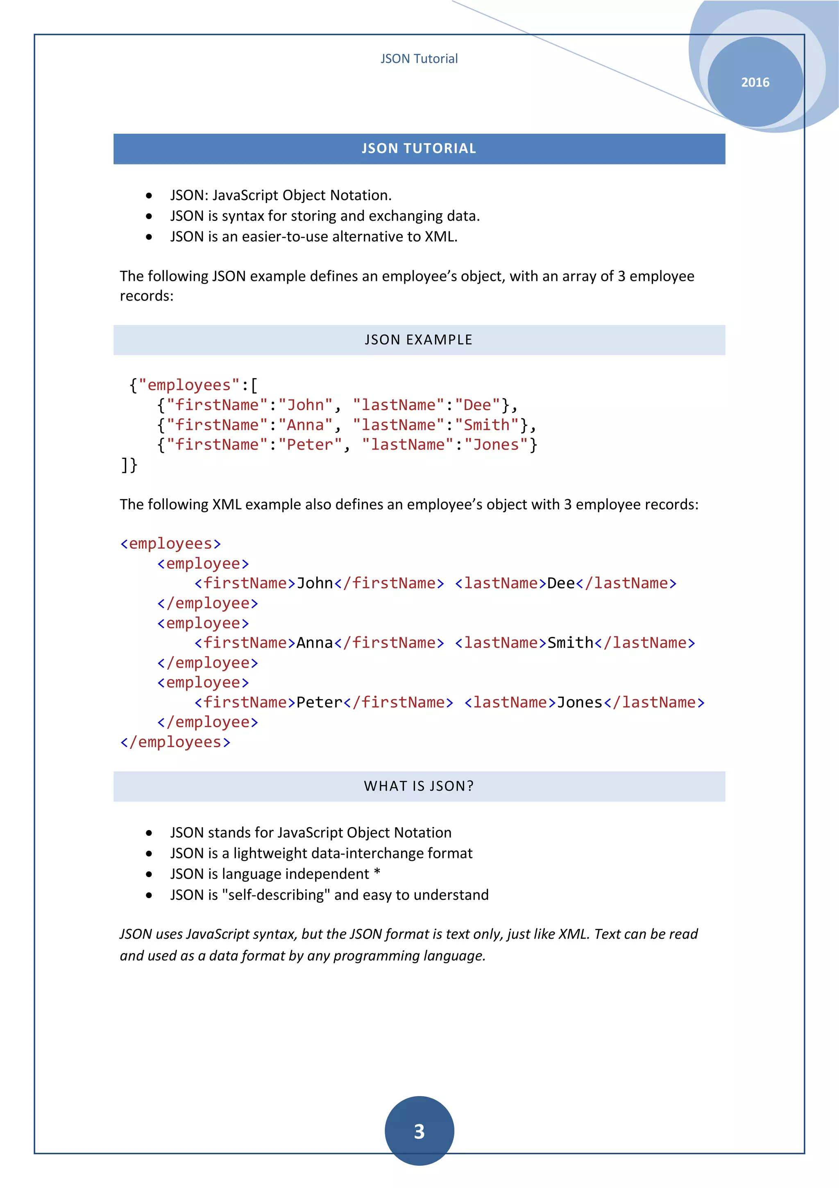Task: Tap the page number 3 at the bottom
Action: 419,1131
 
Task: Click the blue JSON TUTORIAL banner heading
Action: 419,149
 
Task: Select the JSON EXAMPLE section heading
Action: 419,340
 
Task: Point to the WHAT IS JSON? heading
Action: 419,787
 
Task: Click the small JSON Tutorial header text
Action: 419,59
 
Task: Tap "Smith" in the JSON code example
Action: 486,425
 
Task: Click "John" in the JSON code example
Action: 306,405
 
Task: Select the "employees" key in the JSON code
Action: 189,385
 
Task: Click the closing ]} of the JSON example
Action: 129,465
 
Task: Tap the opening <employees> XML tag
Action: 170,544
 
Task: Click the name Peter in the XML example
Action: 319,702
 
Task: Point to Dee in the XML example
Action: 561,584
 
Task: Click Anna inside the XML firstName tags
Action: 314,643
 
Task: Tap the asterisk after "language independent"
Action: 377,873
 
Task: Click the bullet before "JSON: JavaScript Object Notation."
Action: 149,196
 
